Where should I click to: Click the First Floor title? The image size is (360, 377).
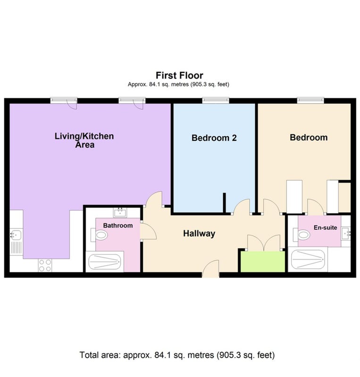(x=179, y=75)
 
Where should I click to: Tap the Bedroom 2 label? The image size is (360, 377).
(x=214, y=138)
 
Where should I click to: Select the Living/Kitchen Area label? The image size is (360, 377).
(x=84, y=140)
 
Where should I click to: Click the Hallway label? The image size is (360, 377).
(x=199, y=233)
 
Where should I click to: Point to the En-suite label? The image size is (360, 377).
(x=326, y=228)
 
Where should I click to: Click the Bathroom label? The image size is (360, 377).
(x=118, y=226)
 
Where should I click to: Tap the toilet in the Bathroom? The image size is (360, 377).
(x=99, y=235)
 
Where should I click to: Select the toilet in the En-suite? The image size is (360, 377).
(x=301, y=235)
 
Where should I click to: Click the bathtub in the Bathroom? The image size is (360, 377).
(x=105, y=262)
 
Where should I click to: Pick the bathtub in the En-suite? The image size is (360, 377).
(x=308, y=259)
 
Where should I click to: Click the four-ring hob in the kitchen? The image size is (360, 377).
(x=45, y=265)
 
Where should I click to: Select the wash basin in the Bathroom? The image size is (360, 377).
(x=120, y=213)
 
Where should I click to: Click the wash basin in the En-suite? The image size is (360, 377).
(x=346, y=233)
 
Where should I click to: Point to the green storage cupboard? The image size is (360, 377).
(x=263, y=262)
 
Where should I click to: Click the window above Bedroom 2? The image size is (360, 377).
(x=216, y=100)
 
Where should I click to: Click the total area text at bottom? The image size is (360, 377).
(x=177, y=355)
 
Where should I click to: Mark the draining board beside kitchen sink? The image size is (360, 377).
(x=16, y=248)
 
